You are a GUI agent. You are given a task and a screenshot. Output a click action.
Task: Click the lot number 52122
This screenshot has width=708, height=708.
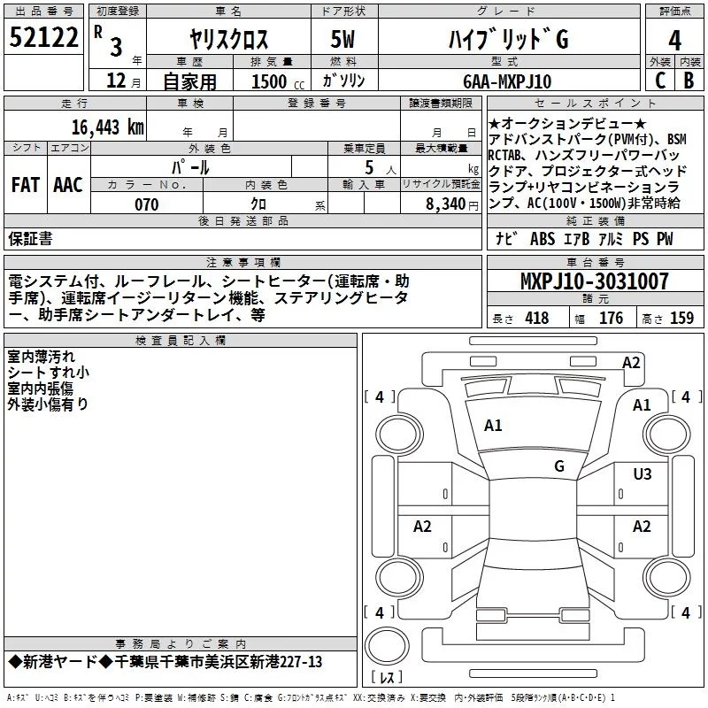point(43,37)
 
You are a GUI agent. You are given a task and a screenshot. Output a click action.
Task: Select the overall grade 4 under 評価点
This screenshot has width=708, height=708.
point(674,40)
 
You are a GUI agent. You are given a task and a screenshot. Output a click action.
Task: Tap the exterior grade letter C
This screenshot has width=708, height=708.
point(660,81)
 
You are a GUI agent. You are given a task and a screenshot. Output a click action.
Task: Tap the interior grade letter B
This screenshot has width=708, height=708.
point(689,81)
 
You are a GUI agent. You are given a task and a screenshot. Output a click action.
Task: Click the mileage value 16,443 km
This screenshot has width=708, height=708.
point(107,127)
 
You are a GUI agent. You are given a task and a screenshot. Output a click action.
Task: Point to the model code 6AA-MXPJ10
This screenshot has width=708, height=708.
point(507,81)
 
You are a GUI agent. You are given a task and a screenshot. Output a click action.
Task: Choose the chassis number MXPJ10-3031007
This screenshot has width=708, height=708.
point(594,281)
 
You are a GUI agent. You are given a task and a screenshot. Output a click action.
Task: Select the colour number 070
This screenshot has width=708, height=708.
point(147,204)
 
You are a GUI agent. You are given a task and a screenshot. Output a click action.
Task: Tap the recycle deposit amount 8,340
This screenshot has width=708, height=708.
point(446,204)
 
